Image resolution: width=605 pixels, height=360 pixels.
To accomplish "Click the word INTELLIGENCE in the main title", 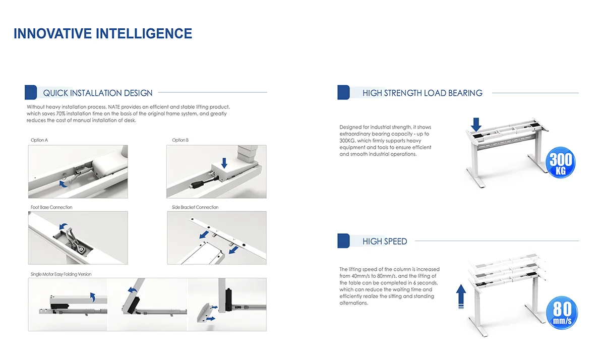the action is pyautogui.click(x=144, y=33).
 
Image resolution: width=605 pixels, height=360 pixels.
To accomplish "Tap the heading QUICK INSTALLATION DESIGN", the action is pyautogui.click(x=98, y=93).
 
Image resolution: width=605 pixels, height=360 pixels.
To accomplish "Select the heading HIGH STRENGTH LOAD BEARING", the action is pyautogui.click(x=422, y=93).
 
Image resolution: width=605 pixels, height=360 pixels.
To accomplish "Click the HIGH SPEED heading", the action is pyautogui.click(x=385, y=241).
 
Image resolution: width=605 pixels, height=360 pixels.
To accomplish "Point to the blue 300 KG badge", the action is pyautogui.click(x=561, y=162).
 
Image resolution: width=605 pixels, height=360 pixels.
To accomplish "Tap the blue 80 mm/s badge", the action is pyautogui.click(x=562, y=313).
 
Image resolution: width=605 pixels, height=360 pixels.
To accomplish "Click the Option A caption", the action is pyautogui.click(x=39, y=140).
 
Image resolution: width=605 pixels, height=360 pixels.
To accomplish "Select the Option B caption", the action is pyautogui.click(x=180, y=140).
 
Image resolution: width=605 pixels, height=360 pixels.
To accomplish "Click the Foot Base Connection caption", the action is pyautogui.click(x=51, y=207).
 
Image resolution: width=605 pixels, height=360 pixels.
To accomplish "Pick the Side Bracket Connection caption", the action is pyautogui.click(x=195, y=207).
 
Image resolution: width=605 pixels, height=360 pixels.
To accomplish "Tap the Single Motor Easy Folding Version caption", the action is pyautogui.click(x=61, y=274).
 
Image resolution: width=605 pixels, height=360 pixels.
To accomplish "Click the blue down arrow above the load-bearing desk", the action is pyautogui.click(x=476, y=125).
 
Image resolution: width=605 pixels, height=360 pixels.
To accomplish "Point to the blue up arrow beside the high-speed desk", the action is pyautogui.click(x=461, y=296).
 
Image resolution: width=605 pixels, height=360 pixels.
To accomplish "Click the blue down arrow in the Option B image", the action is pyautogui.click(x=224, y=163).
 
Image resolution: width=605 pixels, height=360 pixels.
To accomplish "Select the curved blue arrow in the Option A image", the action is pyautogui.click(x=63, y=184).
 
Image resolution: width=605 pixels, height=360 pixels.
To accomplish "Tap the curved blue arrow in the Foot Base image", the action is pyautogui.click(x=64, y=226).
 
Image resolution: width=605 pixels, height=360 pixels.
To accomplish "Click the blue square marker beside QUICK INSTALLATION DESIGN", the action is pyautogui.click(x=31, y=92).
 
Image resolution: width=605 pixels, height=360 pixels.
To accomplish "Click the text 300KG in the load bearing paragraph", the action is pyautogui.click(x=347, y=141).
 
